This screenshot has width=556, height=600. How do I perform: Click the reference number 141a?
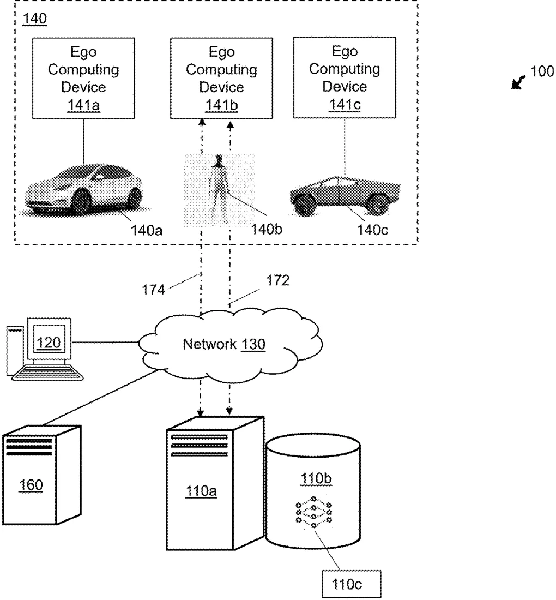point(83,105)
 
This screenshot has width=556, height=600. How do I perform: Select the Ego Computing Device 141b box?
point(221,78)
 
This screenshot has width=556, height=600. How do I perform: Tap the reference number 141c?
point(345,105)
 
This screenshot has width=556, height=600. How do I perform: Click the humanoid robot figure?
point(219,189)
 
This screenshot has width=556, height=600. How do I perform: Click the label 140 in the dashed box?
point(35,19)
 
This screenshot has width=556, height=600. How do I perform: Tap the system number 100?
point(542,71)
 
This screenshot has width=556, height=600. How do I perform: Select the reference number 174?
point(153,290)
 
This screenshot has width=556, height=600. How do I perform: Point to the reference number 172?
point(277,280)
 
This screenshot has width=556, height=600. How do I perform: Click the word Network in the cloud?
point(209,344)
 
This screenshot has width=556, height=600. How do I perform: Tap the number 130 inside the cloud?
point(253,344)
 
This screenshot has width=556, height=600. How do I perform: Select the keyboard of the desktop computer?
point(47,373)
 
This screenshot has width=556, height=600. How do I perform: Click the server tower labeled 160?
point(41,475)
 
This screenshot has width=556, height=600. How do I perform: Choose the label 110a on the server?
point(201,491)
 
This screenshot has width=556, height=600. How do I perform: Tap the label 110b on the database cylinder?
point(316,479)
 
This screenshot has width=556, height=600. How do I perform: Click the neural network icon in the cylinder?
point(313,512)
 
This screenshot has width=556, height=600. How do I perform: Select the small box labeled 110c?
point(352,584)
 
